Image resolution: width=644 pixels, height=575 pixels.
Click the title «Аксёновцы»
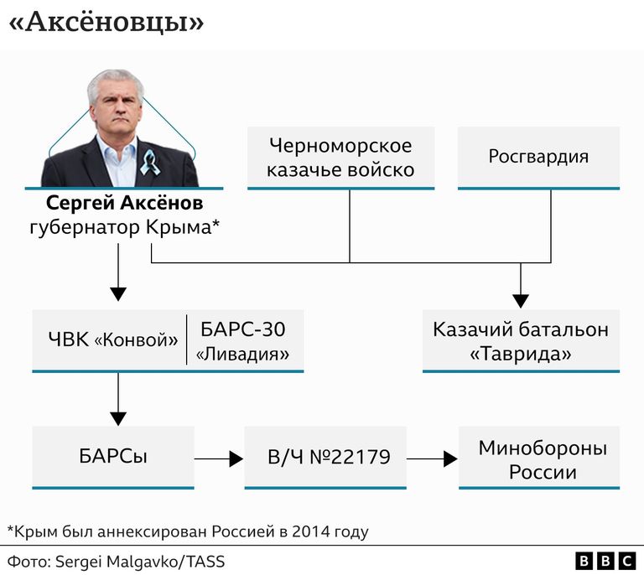tap(106, 21)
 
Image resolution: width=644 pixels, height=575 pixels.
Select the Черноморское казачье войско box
tap(340, 158)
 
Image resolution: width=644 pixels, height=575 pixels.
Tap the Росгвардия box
tap(538, 158)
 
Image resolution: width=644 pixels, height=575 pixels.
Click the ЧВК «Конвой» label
tap(113, 339)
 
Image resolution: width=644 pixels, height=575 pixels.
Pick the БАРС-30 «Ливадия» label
tap(242, 341)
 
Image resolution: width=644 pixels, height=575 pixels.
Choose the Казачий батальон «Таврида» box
tap(521, 341)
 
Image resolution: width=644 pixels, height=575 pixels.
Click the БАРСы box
tap(113, 458)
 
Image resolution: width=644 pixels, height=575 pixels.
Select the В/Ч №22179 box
tap(325, 458)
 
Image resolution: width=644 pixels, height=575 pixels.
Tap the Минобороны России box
tap(539, 458)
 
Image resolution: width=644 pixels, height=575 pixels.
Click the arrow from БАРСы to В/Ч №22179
tap(219, 458)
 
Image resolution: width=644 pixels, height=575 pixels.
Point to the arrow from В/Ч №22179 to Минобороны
tap(433, 458)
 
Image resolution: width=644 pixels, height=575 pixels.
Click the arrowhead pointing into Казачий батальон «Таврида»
tap(521, 301)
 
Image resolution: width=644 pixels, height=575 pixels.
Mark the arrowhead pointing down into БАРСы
tap(118, 418)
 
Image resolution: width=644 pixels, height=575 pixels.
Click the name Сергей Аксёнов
tap(124, 203)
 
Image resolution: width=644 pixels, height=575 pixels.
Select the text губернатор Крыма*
tap(124, 227)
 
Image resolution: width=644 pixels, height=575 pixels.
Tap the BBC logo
tap(605, 561)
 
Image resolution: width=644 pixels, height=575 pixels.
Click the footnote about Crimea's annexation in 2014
tap(188, 531)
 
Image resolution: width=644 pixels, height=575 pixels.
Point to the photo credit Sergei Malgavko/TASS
tap(140, 562)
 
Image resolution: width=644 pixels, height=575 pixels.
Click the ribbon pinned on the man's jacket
tap(149, 162)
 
